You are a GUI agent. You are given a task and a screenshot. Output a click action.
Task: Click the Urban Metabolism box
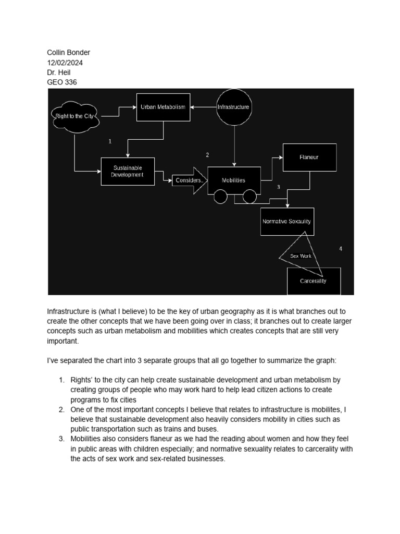(163, 107)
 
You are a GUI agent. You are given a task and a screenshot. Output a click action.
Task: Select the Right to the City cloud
(74, 116)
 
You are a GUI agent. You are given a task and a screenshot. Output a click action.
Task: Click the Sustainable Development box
(128, 172)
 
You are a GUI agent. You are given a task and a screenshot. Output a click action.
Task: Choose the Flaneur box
(309, 157)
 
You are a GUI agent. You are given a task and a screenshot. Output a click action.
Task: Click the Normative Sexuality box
(286, 221)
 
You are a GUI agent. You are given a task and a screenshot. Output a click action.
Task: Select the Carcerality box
(314, 281)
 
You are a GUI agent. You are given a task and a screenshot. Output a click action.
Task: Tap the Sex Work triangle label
(301, 256)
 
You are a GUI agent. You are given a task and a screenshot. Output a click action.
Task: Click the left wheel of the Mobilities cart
(220, 197)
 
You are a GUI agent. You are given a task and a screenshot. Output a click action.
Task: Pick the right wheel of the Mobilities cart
(249, 197)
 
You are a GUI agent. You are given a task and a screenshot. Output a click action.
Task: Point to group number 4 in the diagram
(341, 249)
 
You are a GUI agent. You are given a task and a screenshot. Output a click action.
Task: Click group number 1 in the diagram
(110, 141)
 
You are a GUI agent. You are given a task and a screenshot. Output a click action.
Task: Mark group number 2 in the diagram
(207, 155)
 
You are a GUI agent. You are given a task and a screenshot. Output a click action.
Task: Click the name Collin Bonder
(69, 53)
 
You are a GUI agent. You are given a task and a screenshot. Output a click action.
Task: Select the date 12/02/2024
(65, 63)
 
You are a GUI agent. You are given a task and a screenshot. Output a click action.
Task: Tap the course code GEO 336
(62, 82)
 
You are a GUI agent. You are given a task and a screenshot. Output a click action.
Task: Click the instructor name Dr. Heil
(59, 72)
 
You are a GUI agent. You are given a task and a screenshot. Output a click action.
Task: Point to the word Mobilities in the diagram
(233, 180)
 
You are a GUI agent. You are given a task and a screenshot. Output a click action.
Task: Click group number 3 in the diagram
(279, 187)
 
